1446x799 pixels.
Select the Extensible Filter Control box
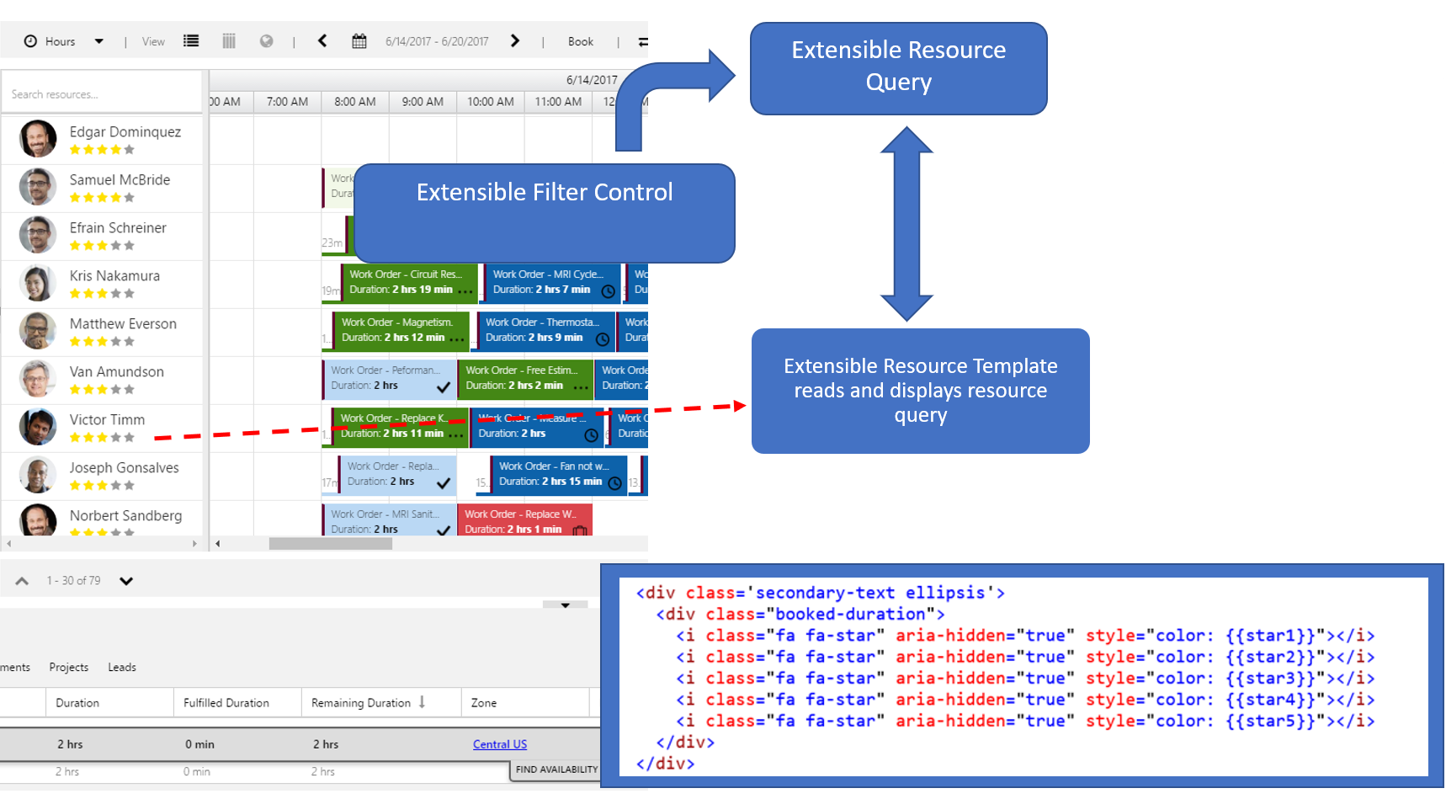coord(544,212)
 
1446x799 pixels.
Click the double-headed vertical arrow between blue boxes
coord(906,224)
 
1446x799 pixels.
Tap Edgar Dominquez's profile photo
coord(38,139)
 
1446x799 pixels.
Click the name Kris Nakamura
coord(114,275)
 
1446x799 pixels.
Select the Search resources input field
coord(101,94)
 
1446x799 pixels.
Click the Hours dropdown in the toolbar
coord(64,41)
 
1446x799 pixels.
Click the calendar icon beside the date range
coord(359,41)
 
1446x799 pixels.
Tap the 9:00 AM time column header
coord(423,102)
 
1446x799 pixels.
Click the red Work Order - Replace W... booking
coord(524,520)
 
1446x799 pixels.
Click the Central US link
coord(500,744)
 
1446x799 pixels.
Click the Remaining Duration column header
coord(361,703)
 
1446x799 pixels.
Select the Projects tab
coord(68,667)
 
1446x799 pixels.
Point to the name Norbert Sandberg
coord(125,515)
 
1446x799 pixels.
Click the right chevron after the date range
coord(515,41)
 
